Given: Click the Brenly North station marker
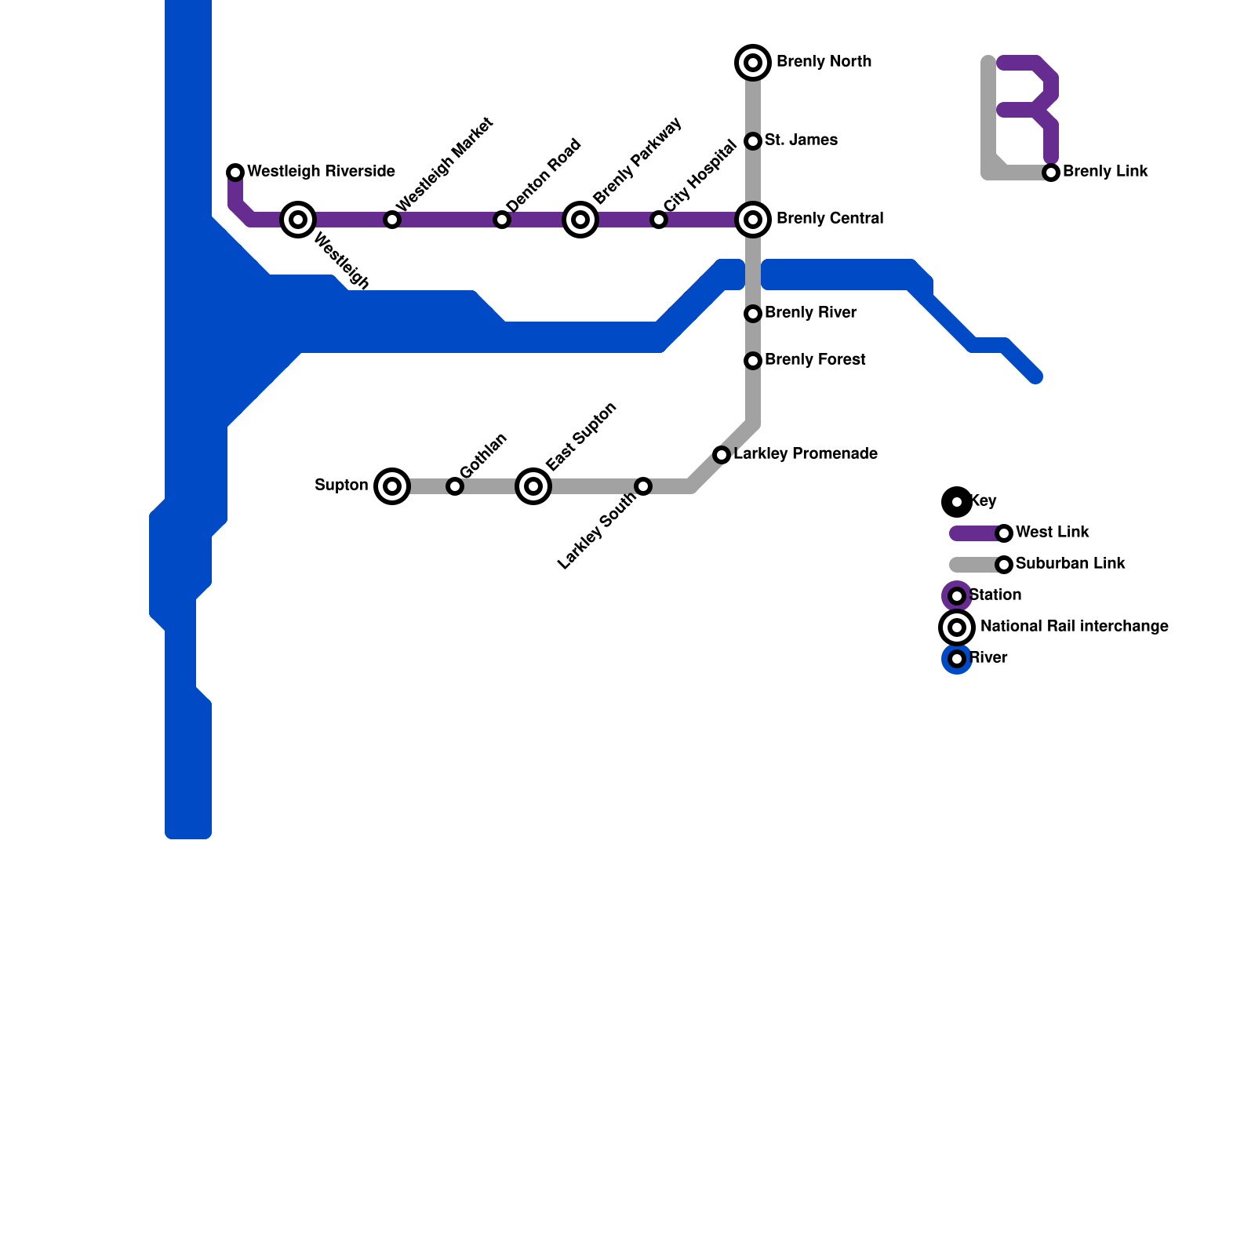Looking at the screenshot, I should pos(753,63).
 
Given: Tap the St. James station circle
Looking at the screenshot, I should pos(753,141).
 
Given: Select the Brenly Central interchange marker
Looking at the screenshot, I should pos(753,220).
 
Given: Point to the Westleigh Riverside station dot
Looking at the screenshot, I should pos(235,173).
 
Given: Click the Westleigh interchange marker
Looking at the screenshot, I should pos(298,220).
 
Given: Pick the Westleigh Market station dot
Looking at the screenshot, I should pos(392,220).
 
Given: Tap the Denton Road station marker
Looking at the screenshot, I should pos(502,220).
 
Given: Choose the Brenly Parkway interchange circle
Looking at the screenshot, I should pos(580,220).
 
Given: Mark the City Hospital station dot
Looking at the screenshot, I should pos(659,220).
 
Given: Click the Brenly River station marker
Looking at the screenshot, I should pos(753,314).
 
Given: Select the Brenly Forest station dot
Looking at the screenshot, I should pos(753,361).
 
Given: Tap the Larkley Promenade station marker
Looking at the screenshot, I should pos(722,455).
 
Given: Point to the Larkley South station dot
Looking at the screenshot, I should pos(643,486).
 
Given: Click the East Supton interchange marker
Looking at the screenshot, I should pos(533,486).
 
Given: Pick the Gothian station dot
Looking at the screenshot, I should pos(455,486).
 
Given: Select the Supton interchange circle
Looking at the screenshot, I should pos(392,486).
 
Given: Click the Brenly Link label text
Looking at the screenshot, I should pos(1105,172).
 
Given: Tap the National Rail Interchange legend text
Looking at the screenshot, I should pos(1074,627).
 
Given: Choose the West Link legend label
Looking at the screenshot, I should pos(1052,533).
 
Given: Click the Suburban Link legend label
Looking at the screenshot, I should pos(1070,564).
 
